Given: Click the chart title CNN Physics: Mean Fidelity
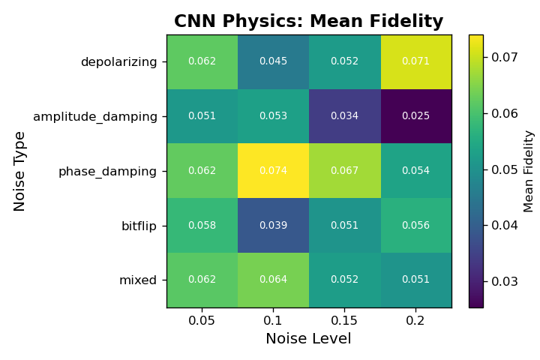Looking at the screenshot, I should click(x=308, y=22).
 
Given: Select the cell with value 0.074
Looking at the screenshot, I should click(x=273, y=171).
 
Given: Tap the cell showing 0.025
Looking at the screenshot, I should click(x=415, y=116).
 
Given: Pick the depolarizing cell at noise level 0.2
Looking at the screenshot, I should click(x=415, y=61).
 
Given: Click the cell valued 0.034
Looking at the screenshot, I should click(x=344, y=116).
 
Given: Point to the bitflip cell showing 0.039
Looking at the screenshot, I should click(x=273, y=226).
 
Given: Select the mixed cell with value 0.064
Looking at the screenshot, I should click(x=273, y=280).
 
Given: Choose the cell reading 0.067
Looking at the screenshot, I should click(x=344, y=171).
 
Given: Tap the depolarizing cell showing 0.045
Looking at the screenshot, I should click(x=273, y=61).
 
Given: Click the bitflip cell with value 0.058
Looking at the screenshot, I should click(x=202, y=226).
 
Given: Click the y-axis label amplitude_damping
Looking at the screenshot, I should click(x=95, y=116).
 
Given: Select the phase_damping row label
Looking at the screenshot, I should click(x=107, y=171).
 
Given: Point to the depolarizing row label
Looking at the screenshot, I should click(x=118, y=61).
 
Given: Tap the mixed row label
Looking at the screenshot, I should click(x=138, y=280).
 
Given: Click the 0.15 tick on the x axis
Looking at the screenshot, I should click(x=344, y=320).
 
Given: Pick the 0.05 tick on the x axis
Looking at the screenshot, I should click(x=202, y=320).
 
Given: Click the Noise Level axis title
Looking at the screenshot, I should click(x=308, y=339).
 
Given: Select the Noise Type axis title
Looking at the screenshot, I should click(x=20, y=171).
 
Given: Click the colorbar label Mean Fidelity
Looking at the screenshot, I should click(x=529, y=171).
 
